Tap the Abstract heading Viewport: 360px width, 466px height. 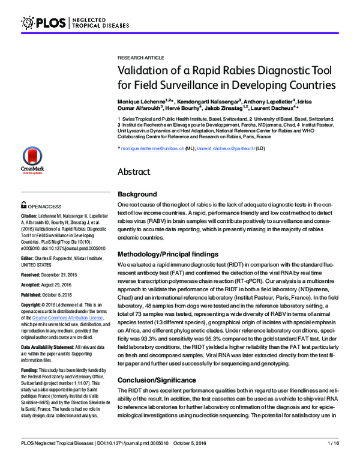[138, 171]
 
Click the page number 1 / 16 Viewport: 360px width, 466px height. [334, 459]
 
